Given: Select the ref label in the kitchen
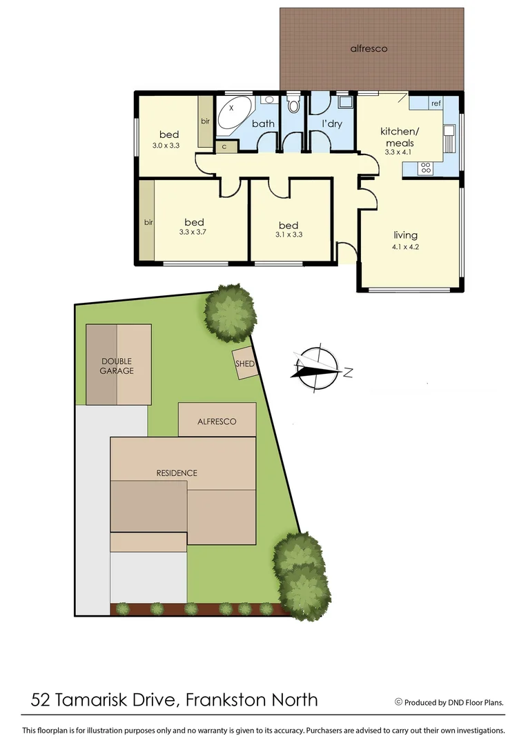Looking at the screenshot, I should [436, 103].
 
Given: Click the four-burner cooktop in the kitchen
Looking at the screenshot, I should [426, 166].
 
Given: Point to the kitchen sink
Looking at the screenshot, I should [449, 131].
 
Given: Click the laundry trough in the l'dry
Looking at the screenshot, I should [344, 103].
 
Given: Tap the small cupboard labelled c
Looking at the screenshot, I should [224, 146].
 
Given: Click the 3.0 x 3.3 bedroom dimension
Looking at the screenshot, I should [166, 146].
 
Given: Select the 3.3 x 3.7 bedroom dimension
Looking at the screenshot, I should [193, 232].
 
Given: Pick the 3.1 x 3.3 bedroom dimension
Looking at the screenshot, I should [289, 235].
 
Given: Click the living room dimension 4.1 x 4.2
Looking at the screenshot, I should [405, 246].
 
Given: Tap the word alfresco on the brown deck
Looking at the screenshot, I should [369, 48].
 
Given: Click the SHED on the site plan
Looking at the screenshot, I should [245, 364].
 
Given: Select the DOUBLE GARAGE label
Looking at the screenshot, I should [117, 366].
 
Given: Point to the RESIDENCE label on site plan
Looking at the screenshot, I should [177, 473].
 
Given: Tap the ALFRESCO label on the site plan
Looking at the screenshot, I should [217, 421].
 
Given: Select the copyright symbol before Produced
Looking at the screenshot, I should [398, 702].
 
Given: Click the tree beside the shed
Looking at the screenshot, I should [231, 312].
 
